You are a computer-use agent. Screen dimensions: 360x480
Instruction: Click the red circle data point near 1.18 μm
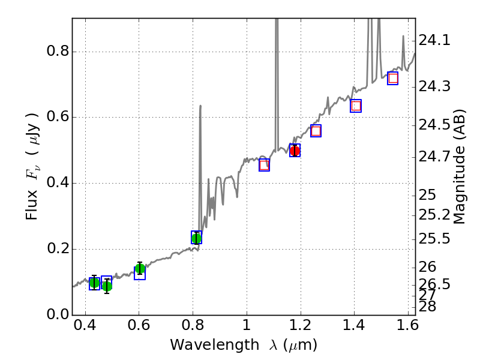pyautogui.click(x=295, y=151)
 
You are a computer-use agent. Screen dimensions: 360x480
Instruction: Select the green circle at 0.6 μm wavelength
pyautogui.click(x=140, y=268)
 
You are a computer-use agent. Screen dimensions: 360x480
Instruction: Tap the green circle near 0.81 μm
pyautogui.click(x=196, y=238)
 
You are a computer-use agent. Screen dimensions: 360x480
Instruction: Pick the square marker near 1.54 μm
pyautogui.click(x=393, y=78)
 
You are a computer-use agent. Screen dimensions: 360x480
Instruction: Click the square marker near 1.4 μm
pyautogui.click(x=356, y=106)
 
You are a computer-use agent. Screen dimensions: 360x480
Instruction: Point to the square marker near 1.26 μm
pyautogui.click(x=316, y=131)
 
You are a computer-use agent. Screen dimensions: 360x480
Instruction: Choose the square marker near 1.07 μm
pyautogui.click(x=264, y=165)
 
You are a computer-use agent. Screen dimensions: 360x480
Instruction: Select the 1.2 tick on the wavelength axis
pyautogui.click(x=300, y=327)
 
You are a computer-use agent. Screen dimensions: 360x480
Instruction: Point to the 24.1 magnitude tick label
pyautogui.click(x=434, y=41)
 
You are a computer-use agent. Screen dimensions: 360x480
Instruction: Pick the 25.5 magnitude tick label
pyautogui.click(x=434, y=239)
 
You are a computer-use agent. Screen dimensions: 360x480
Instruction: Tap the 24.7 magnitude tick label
pyautogui.click(x=434, y=158)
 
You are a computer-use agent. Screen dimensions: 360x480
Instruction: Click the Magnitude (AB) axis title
pyautogui.click(x=460, y=166)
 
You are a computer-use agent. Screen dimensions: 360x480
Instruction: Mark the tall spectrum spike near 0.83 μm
pyautogui.click(x=200, y=108)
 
